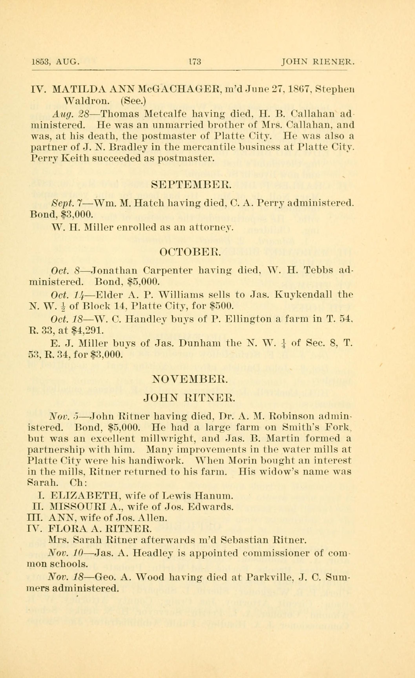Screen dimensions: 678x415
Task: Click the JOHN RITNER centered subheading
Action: click(x=189, y=397)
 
